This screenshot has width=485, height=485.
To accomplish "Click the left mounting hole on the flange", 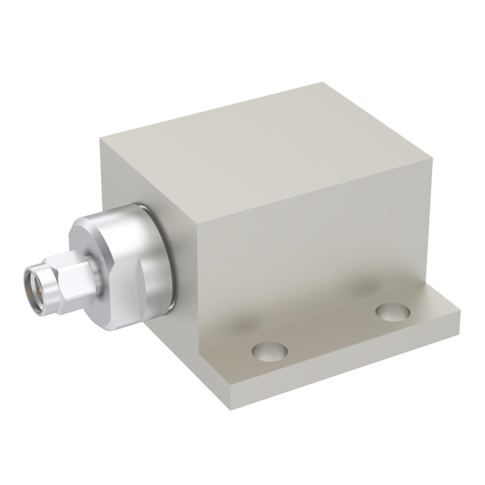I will pos(270,351).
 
